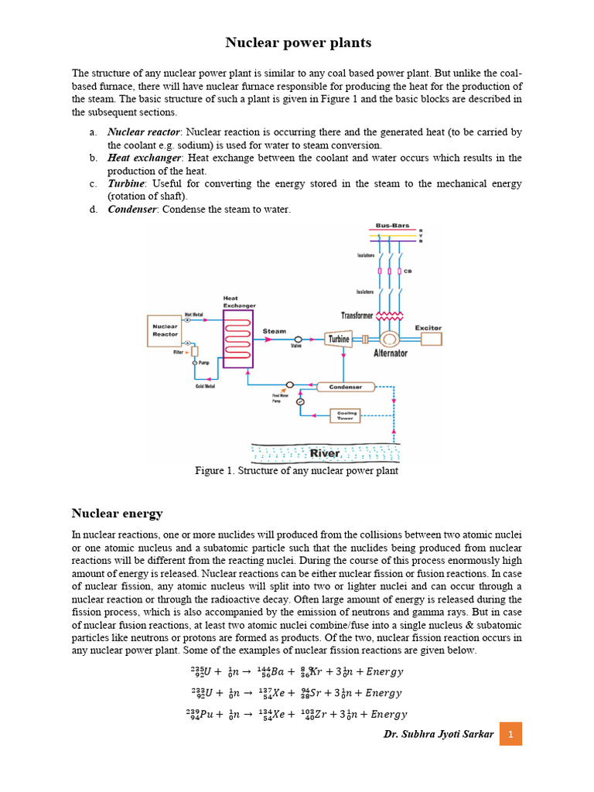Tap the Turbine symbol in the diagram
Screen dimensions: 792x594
[339, 339]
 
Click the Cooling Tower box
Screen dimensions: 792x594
[346, 415]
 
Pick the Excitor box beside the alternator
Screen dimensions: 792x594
[428, 328]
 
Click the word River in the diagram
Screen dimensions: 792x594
[325, 453]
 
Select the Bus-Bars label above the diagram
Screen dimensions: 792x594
[392, 225]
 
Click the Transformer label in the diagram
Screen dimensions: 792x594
[357, 316]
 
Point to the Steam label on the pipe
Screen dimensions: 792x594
[275, 331]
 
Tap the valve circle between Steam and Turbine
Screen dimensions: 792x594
[298, 340]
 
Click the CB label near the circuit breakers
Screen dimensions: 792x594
[408, 271]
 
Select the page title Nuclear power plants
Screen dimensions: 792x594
[298, 43]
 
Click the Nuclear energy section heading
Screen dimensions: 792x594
[117, 513]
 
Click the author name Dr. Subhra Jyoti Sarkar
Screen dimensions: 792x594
[438, 733]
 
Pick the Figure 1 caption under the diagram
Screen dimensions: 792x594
[297, 471]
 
